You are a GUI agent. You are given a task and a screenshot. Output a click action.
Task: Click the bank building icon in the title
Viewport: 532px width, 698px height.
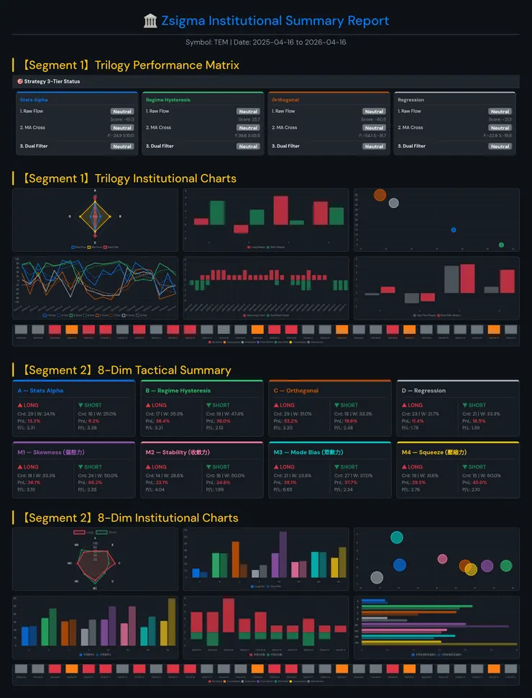(x=150, y=21)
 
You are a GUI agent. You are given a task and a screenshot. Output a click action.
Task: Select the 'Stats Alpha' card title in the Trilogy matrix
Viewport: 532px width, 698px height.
(x=34, y=99)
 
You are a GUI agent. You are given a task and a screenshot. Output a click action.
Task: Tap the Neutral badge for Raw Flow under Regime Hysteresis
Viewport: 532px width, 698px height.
(x=248, y=112)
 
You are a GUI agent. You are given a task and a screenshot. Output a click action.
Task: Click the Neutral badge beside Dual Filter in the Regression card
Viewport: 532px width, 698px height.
(x=500, y=146)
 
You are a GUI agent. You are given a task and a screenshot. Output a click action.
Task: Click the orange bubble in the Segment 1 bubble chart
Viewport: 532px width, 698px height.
(x=380, y=194)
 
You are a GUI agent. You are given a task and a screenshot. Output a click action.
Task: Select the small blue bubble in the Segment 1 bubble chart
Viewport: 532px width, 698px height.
(x=454, y=230)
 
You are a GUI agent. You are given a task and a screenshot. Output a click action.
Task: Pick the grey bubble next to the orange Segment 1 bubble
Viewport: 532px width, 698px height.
(x=393, y=203)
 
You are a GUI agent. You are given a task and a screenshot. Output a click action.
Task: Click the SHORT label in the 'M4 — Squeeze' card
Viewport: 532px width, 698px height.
(x=477, y=467)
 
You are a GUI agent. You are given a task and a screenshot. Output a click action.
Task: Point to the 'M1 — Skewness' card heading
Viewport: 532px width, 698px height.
(x=48, y=453)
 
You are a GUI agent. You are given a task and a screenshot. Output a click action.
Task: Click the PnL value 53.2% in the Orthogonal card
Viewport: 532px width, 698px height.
(x=290, y=421)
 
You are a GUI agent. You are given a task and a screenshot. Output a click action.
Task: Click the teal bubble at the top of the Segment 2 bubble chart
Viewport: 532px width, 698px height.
(x=396, y=537)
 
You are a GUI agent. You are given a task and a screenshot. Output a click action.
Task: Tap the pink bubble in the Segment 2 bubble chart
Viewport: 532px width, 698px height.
(x=442, y=559)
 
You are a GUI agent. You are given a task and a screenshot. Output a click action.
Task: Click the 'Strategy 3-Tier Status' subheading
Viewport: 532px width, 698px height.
(x=52, y=81)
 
